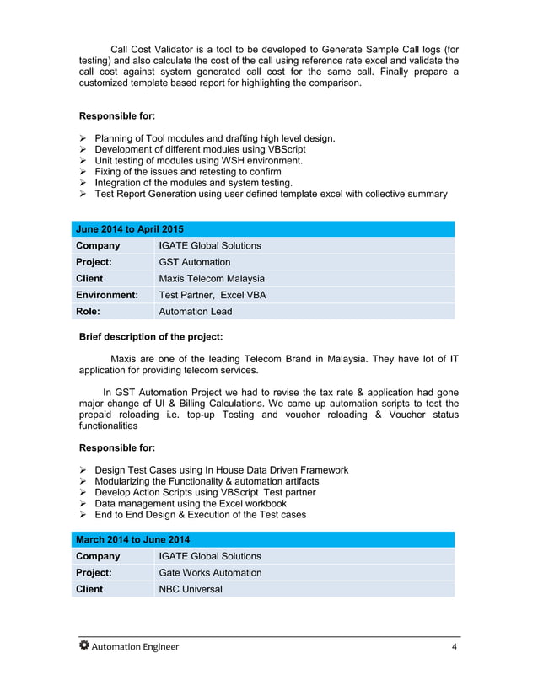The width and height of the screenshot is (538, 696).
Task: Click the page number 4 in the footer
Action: pos(454,647)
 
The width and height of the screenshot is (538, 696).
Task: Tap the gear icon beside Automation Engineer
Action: pos(83,646)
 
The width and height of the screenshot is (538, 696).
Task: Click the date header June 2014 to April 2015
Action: pos(130,229)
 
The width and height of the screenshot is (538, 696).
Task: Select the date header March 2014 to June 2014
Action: pos(132,539)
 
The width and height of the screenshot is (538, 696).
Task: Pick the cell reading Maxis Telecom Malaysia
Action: pos(212,278)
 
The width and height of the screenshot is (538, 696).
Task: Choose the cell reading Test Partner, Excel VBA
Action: pos(213,295)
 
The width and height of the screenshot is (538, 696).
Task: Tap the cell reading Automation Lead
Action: pos(196,311)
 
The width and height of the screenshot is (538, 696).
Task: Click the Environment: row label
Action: pos(107,295)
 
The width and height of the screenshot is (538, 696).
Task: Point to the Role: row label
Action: pos(89,311)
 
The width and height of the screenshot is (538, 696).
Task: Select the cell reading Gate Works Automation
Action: pos(210,573)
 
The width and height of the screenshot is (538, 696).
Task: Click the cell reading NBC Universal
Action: pos(191,589)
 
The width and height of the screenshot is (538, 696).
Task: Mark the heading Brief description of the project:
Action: pos(150,337)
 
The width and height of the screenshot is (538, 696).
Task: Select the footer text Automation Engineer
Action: pos(135,647)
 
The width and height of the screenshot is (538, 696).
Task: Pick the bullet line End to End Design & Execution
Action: pos(200,515)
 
